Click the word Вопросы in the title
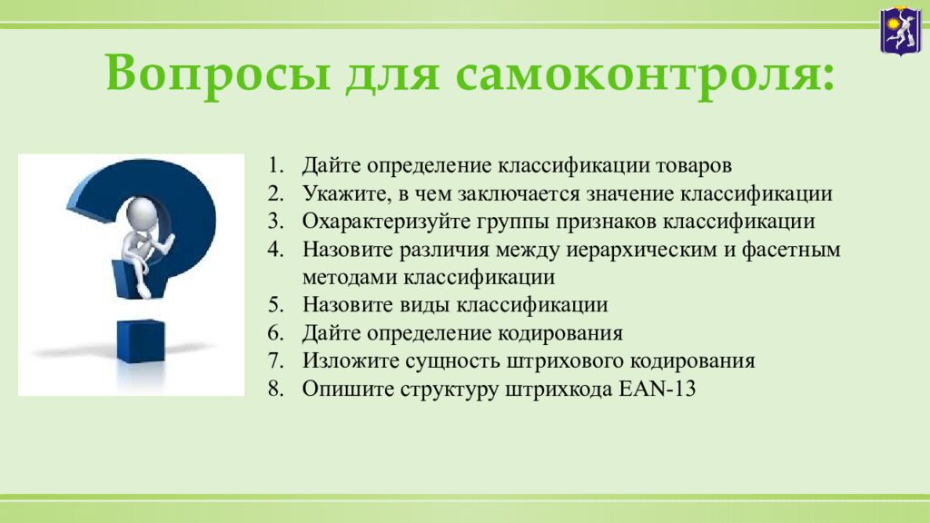click(x=218, y=73)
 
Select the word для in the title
click(x=392, y=75)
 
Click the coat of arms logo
click(x=900, y=30)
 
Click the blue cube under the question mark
click(x=141, y=341)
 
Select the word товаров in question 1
click(x=693, y=165)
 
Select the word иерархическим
click(x=641, y=250)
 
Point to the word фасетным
click(x=791, y=250)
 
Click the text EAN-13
click(x=658, y=389)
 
